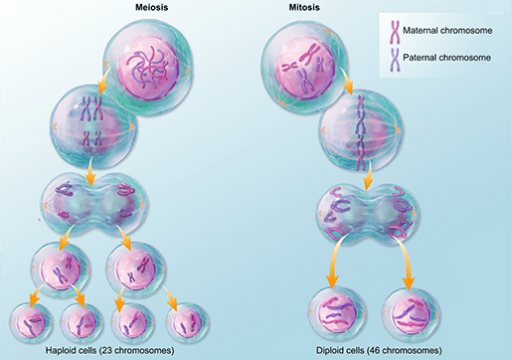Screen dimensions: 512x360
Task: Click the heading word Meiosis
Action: [x=151, y=7]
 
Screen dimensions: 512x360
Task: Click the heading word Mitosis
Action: [x=304, y=7]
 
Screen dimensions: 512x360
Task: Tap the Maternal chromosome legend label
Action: [x=447, y=31]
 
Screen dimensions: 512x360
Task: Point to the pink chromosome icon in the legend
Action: [x=395, y=32]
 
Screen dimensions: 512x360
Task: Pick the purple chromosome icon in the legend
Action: [x=395, y=59]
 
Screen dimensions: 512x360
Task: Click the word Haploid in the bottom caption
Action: [x=59, y=350]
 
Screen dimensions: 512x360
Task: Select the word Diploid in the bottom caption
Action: [x=328, y=350]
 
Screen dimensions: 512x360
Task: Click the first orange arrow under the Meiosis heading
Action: [x=105, y=82]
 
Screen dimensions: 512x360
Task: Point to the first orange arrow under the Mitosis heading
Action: [x=347, y=80]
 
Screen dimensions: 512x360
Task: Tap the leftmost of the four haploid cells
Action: [x=31, y=322]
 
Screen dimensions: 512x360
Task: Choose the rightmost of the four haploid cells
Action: [x=188, y=322]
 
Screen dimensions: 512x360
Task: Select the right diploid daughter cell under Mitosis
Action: [x=412, y=312]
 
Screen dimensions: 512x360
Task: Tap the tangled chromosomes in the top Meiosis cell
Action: [x=148, y=67]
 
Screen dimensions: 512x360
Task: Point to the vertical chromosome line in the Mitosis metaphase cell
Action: [x=360, y=132]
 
